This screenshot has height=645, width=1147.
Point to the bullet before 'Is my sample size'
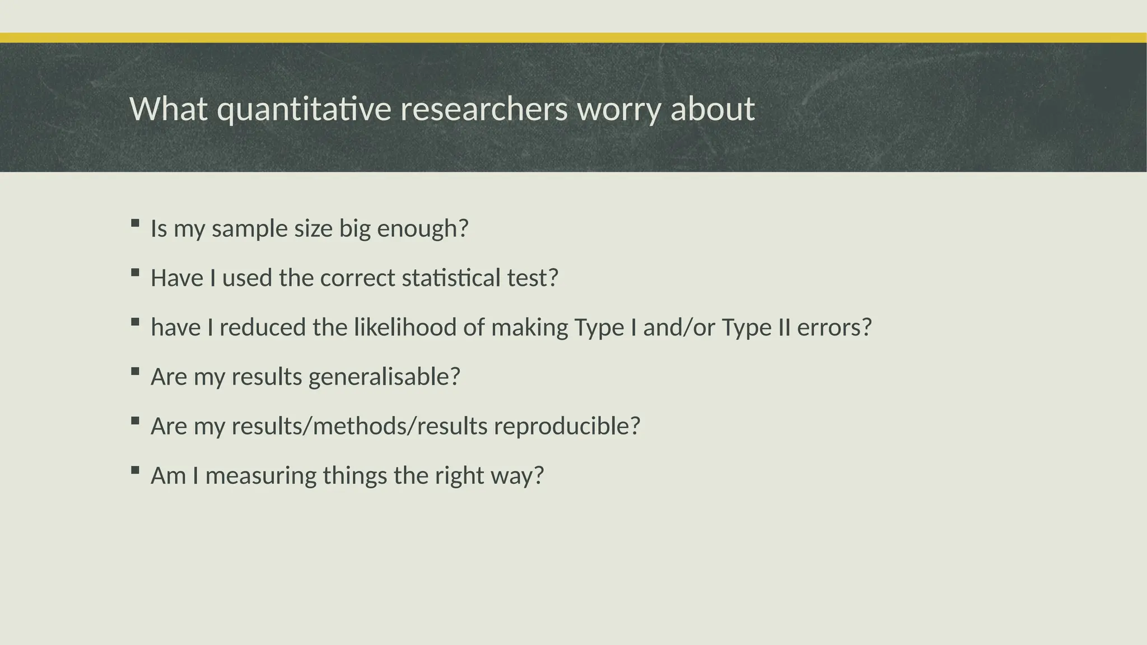coord(135,223)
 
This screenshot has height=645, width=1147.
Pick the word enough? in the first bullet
coord(422,228)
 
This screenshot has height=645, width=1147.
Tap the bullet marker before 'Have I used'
coord(135,273)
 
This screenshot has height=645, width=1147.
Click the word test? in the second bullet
coord(533,278)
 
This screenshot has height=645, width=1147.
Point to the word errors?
coord(834,327)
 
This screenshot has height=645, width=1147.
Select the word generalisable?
coord(384,376)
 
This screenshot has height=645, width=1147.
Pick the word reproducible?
coord(567,426)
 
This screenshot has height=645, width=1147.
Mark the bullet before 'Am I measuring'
coord(135,470)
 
